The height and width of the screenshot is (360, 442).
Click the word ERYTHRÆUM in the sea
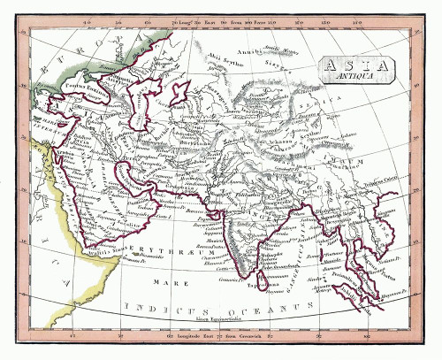tap(154, 250)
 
